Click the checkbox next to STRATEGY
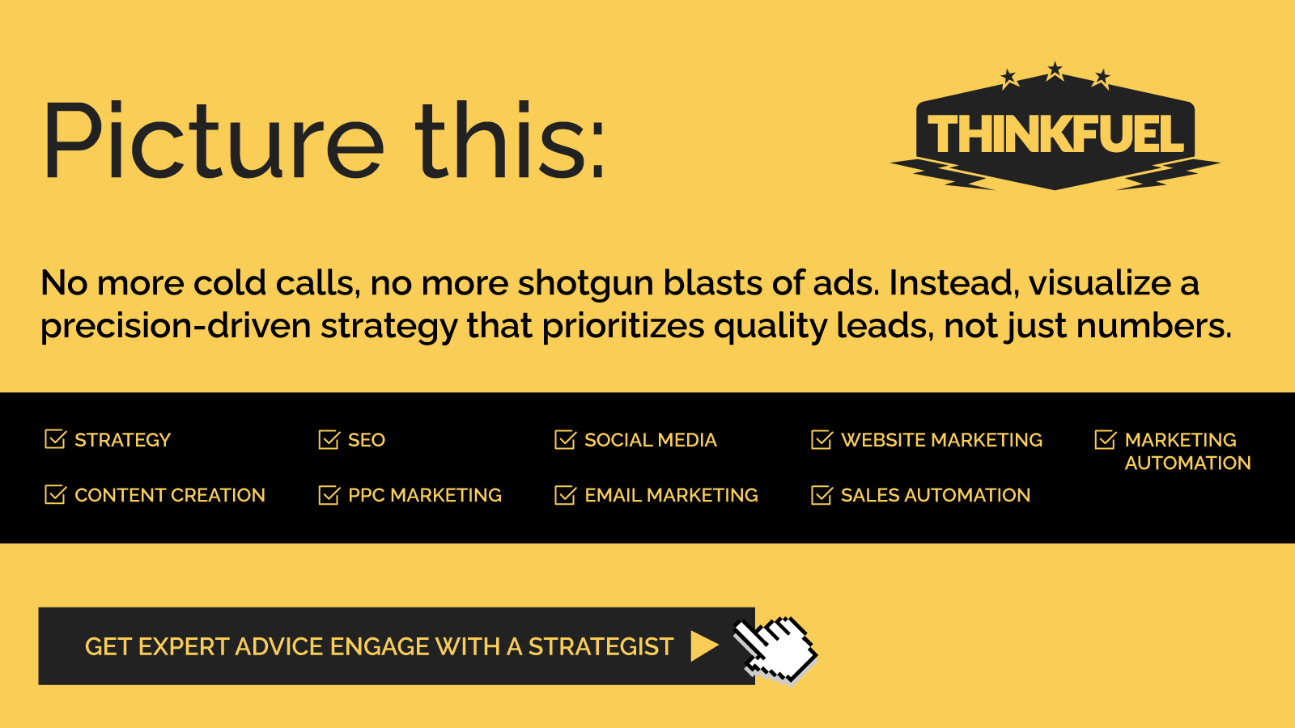[56, 439]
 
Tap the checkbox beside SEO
[329, 439]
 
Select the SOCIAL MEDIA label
[651, 440]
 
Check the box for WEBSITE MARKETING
[822, 439]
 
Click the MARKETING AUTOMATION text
[1187, 451]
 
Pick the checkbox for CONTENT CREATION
[56, 494]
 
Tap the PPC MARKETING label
[425, 495]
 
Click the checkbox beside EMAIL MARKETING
[566, 494]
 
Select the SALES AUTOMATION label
[936, 495]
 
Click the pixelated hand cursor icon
[775, 650]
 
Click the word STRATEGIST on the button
[601, 646]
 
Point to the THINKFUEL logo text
[1055, 133]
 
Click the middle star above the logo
[1055, 70]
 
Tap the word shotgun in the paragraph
[585, 284]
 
